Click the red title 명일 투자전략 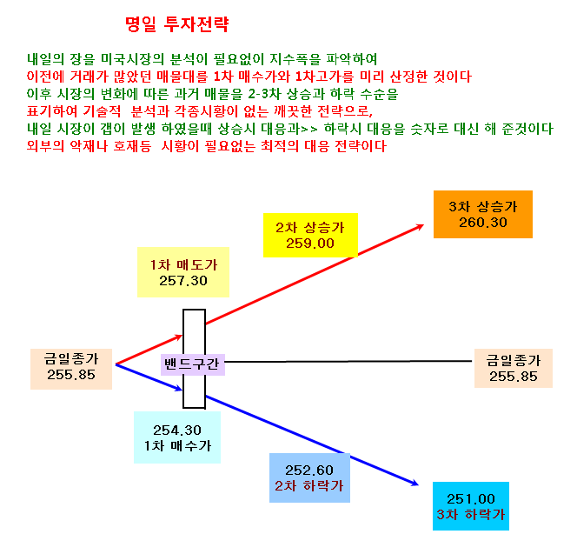[x=176, y=24]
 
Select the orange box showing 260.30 [x=483, y=214]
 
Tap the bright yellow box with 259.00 [x=310, y=235]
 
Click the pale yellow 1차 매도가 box [x=183, y=272]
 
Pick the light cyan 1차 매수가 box [x=177, y=437]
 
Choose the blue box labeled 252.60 [x=309, y=477]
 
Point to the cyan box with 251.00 [x=471, y=506]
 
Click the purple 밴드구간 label [x=192, y=364]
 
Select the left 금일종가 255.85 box [x=71, y=369]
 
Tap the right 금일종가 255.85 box [x=514, y=368]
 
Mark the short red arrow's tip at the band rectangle [x=182, y=335]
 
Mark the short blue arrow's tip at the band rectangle [x=182, y=390]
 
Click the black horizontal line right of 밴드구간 [x=348, y=361]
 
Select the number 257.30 [x=183, y=281]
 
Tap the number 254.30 [x=177, y=430]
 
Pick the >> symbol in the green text [x=308, y=130]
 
